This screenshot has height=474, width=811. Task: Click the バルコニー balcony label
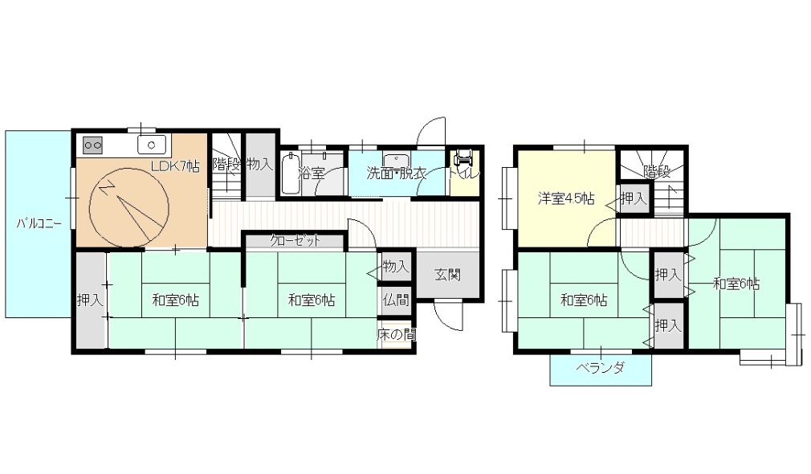39,223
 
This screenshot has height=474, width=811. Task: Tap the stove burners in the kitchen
93,145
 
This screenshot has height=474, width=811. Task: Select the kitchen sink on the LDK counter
152,145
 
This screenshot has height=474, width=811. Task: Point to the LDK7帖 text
175,166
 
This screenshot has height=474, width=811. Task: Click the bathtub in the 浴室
291,173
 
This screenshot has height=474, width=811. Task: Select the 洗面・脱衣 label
396,173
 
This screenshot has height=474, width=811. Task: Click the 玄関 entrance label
447,274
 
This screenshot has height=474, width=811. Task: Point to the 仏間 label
396,300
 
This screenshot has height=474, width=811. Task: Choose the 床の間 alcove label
396,334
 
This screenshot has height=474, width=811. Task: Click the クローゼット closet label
295,241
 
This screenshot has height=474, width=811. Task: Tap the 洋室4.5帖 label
566,198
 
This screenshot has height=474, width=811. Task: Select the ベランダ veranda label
600,368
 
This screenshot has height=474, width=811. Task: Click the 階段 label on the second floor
657,171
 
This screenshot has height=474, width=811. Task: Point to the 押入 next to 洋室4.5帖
634,198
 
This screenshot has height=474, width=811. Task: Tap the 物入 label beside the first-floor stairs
259,165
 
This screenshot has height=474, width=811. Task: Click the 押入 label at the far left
90,300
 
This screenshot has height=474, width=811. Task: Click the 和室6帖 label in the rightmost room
736,284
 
